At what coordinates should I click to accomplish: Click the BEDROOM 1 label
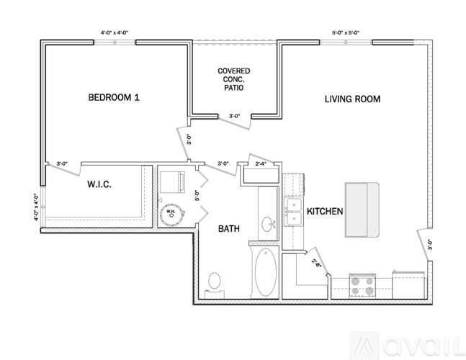point(113,97)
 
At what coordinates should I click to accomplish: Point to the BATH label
point(229,229)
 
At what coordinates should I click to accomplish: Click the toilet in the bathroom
point(214,282)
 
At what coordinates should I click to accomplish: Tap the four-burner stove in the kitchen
point(362,285)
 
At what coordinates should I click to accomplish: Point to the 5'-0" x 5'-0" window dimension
point(346,32)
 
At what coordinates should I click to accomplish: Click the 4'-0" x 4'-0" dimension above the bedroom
point(116,32)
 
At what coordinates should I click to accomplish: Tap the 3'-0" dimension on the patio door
point(235,116)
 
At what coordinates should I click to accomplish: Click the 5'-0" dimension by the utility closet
point(196,194)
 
